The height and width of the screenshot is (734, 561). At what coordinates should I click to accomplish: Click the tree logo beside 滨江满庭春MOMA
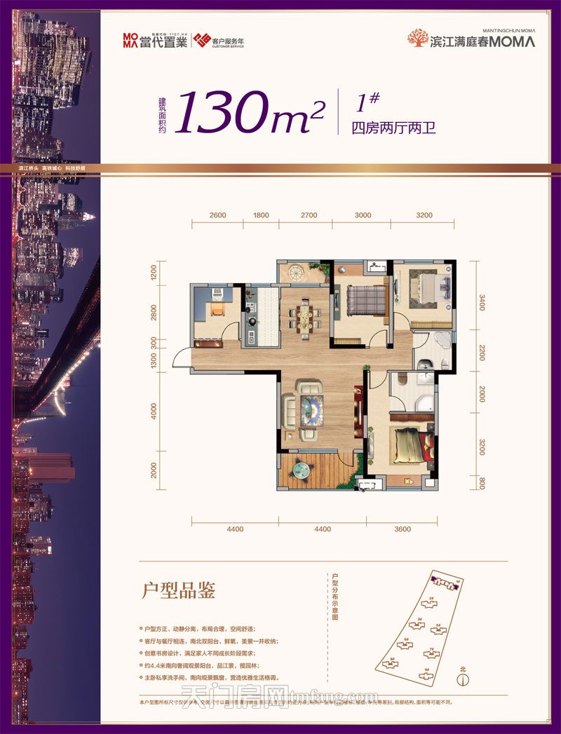[419, 39]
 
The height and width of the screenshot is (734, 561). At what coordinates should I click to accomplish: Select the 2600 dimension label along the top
[217, 216]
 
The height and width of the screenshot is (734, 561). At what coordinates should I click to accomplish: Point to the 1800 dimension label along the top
[261, 216]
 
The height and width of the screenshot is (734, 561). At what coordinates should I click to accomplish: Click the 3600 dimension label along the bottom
[403, 529]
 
